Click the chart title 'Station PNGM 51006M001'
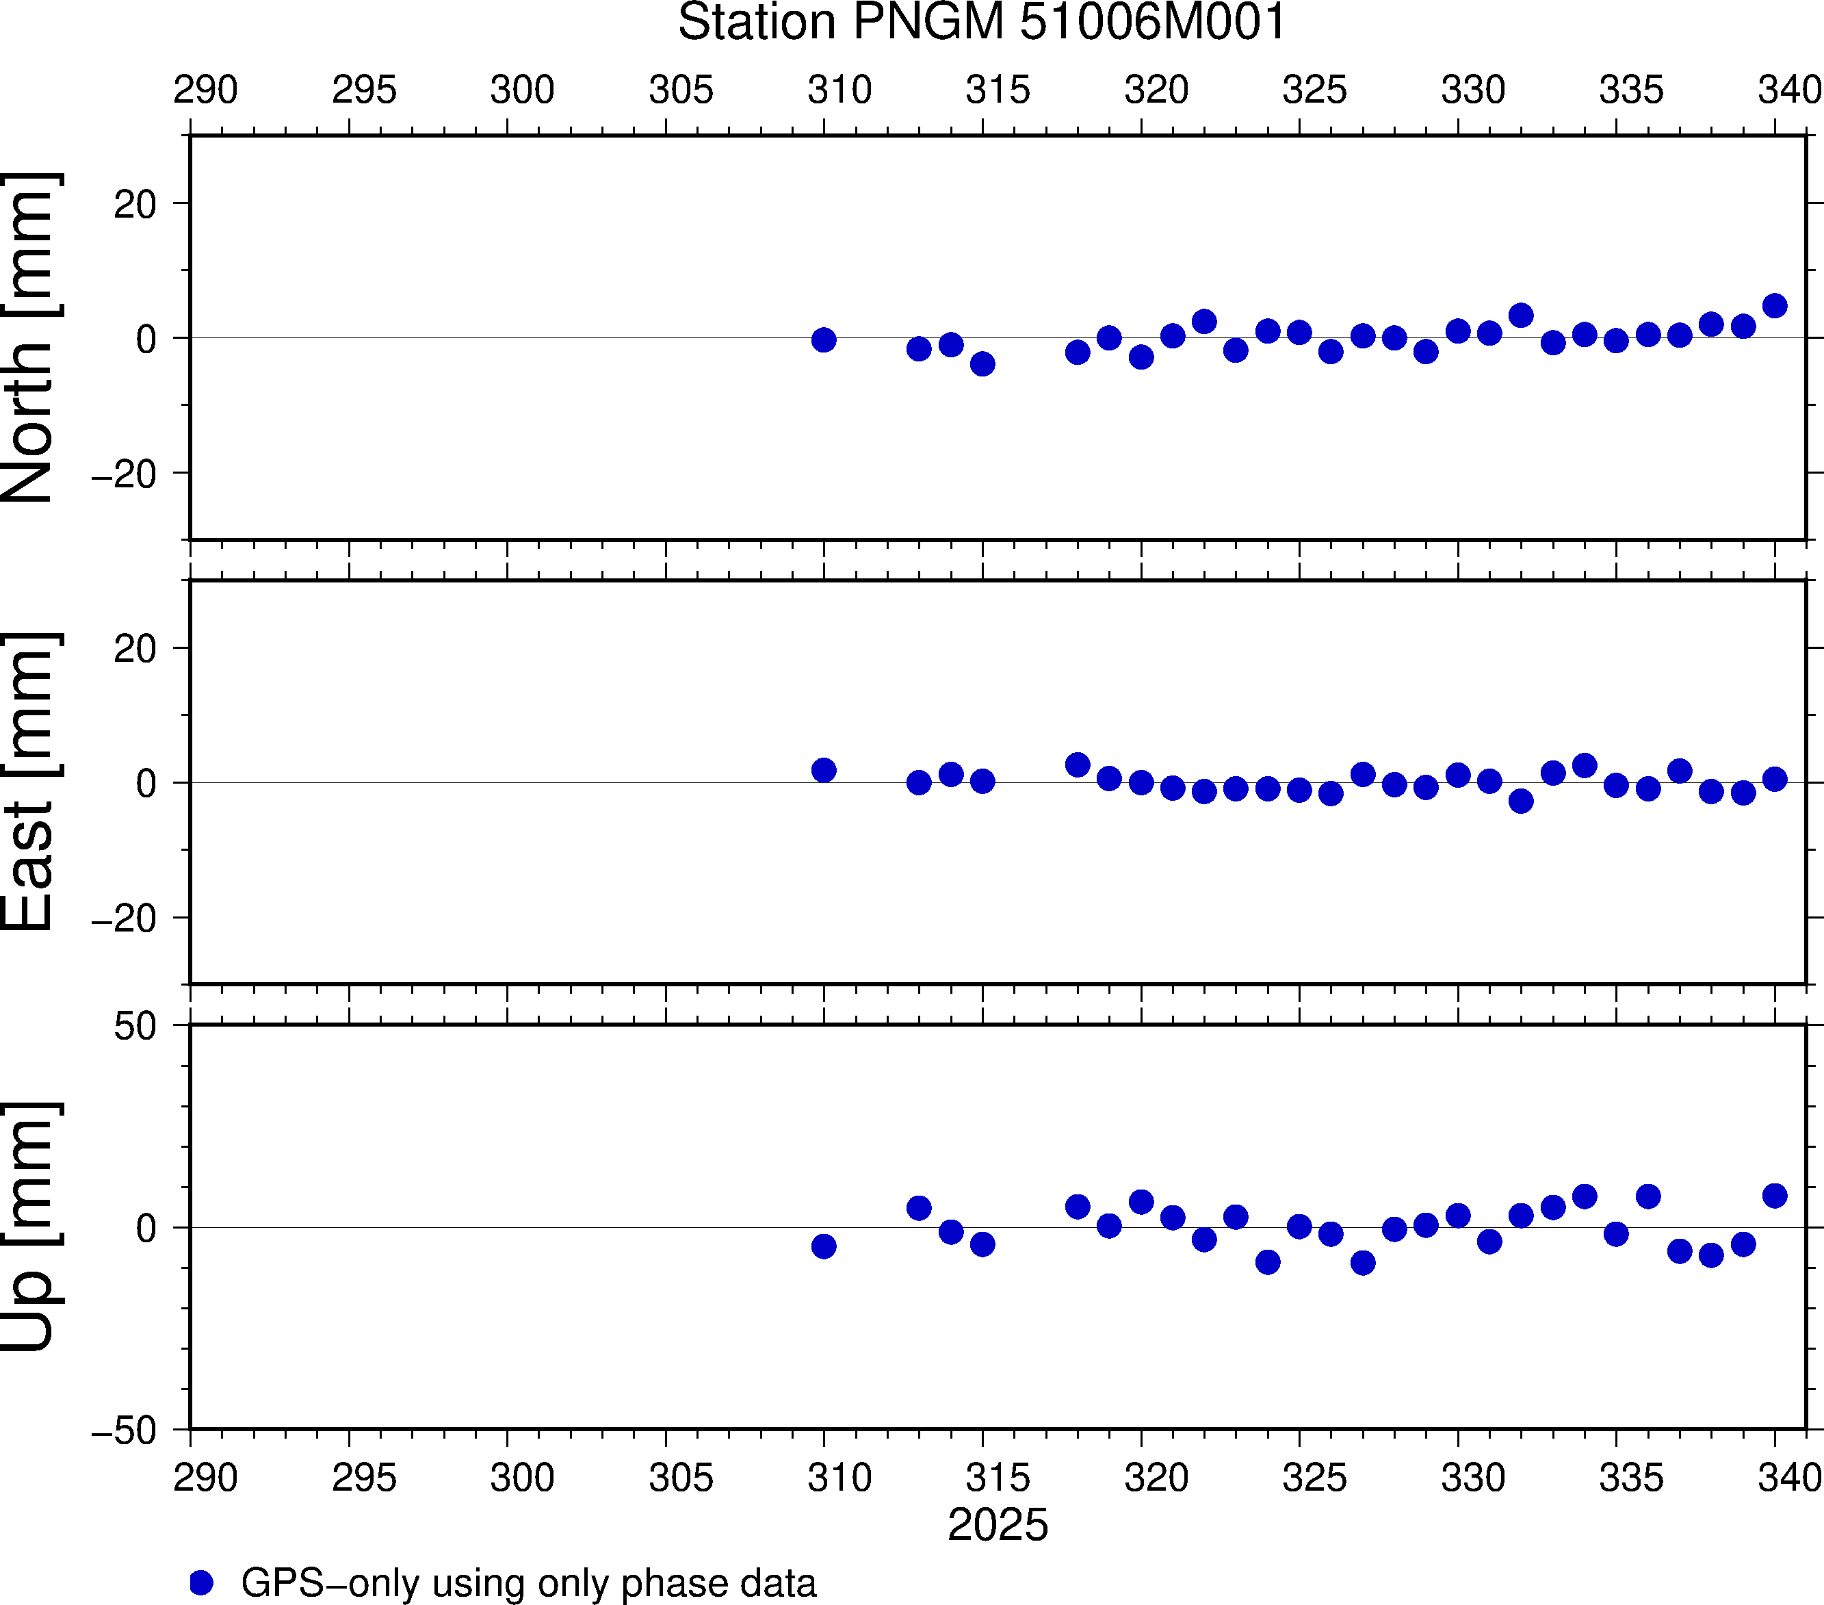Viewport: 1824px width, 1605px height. (982, 23)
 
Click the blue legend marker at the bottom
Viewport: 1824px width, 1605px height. (202, 1582)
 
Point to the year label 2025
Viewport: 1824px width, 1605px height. (998, 1525)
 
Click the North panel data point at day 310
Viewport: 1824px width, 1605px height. (824, 340)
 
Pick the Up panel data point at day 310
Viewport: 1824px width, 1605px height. (824, 1246)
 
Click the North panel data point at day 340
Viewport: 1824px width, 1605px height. (1775, 306)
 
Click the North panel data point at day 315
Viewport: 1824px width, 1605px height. (982, 364)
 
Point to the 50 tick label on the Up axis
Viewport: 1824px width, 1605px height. (135, 1027)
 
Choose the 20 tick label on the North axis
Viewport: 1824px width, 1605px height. (135, 205)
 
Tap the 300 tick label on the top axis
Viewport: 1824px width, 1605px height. (522, 90)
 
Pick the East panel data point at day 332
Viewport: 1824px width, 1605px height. (1522, 801)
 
